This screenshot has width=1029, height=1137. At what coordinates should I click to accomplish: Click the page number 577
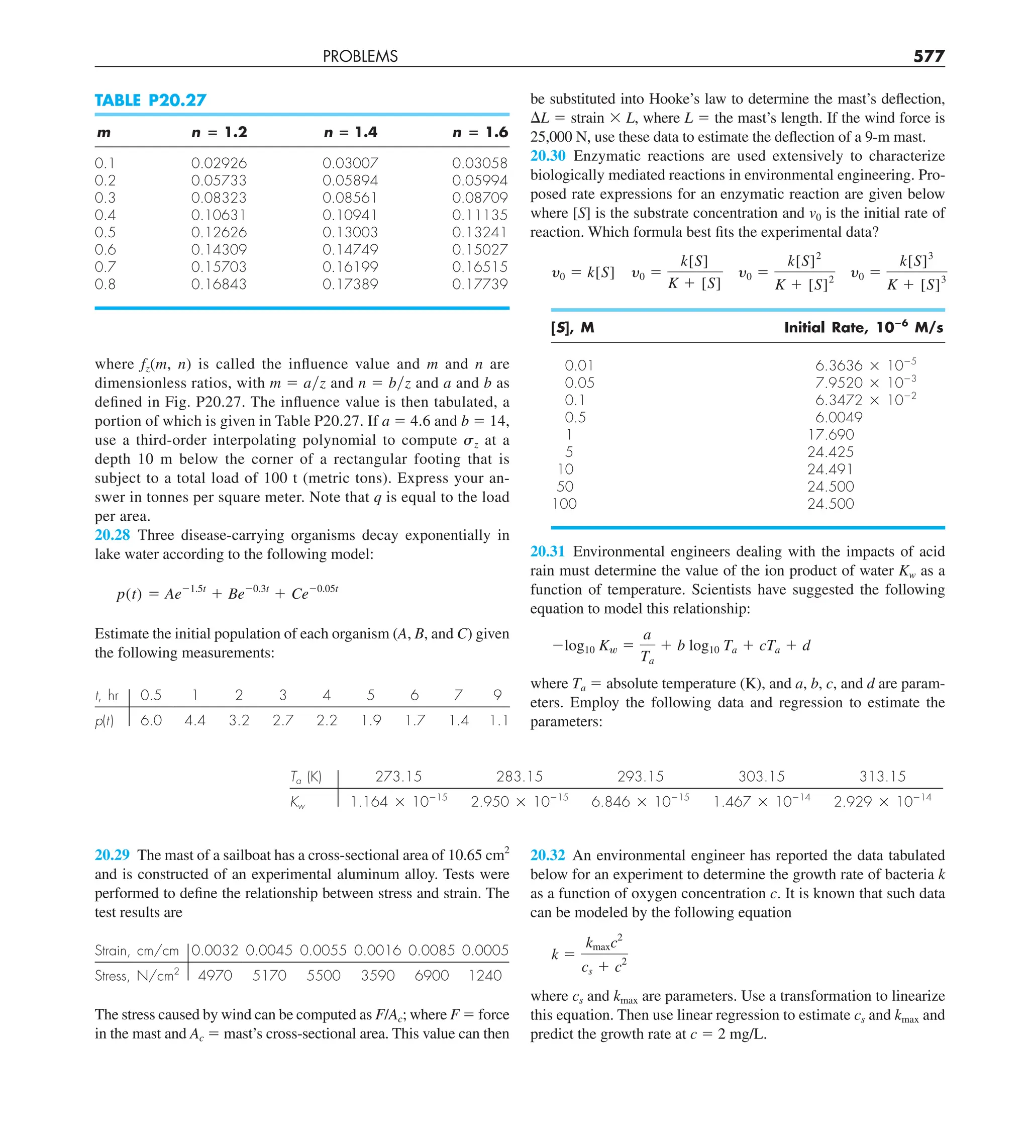tap(928, 56)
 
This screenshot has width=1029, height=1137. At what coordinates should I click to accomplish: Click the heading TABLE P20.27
tap(150, 101)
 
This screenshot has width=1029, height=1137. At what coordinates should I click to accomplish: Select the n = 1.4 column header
tap(350, 132)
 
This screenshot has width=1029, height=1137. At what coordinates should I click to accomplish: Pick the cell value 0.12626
tap(219, 232)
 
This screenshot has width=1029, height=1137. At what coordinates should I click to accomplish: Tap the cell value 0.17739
tap(479, 285)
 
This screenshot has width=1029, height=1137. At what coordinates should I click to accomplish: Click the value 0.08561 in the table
tap(350, 198)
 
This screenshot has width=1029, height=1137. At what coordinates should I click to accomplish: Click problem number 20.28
tap(112, 535)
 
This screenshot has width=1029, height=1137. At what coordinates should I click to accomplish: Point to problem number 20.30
tap(548, 156)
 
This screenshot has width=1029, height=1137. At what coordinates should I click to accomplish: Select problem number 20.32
tap(548, 855)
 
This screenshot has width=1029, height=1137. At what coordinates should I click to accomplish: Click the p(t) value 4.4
tap(194, 721)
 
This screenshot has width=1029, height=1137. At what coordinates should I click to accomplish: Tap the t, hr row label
tap(107, 695)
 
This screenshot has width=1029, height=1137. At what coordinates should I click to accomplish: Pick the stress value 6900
tap(431, 976)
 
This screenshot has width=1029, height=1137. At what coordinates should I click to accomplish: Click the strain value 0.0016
tap(377, 951)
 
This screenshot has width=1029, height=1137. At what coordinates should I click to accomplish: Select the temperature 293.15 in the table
tap(640, 777)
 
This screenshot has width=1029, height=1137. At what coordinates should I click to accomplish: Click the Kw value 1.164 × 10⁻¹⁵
tap(398, 801)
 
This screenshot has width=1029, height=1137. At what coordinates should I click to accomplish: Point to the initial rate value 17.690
tap(831, 435)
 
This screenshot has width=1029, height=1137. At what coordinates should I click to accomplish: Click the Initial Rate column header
tap(863, 328)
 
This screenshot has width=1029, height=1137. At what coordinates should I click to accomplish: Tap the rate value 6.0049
tap(839, 417)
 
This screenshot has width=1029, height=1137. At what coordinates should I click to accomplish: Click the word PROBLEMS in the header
tap(360, 56)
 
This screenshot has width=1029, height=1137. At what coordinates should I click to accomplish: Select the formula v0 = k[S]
tap(582, 273)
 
